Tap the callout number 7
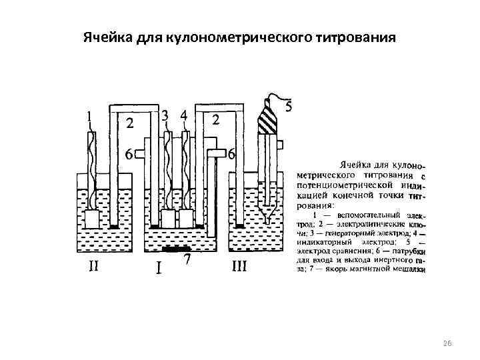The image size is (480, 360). [189, 261]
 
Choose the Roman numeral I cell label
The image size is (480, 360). [158, 269]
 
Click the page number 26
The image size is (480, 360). [447, 343]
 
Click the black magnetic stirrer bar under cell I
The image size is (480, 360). [176, 249]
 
